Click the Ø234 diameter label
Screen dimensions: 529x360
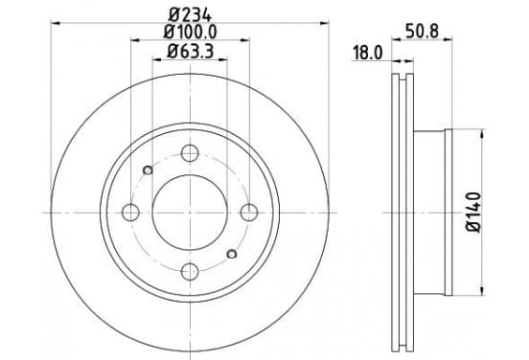(x=191, y=15)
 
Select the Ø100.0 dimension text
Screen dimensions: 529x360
(x=191, y=32)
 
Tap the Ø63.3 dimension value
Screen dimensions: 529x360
(x=191, y=52)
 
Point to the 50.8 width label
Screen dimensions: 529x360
(x=422, y=32)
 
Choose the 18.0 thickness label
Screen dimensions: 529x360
(x=367, y=53)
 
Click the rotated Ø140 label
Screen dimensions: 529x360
(x=473, y=212)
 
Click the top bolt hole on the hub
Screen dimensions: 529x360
(x=190, y=153)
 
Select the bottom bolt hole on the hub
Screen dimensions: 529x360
(x=190, y=272)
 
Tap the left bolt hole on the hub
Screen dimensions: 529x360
(x=130, y=213)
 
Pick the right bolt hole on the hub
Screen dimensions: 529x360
(x=249, y=213)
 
